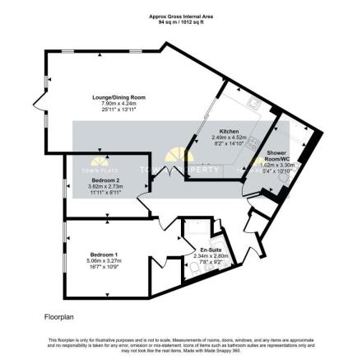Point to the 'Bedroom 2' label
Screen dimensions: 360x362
[107, 180]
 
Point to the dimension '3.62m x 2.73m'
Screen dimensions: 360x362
[107, 185]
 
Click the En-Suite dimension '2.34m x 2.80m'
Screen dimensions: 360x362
[213, 255]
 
